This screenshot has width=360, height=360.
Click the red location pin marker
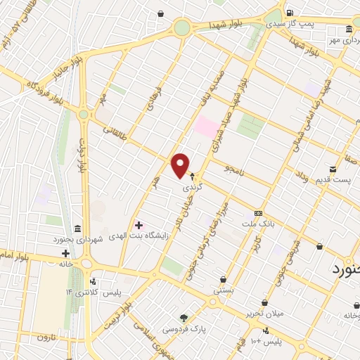click(x=181, y=165)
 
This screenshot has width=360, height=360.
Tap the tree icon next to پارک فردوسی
click(x=184, y=318)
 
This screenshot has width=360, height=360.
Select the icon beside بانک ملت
click(x=259, y=213)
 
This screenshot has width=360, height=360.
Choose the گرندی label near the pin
click(x=192, y=188)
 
